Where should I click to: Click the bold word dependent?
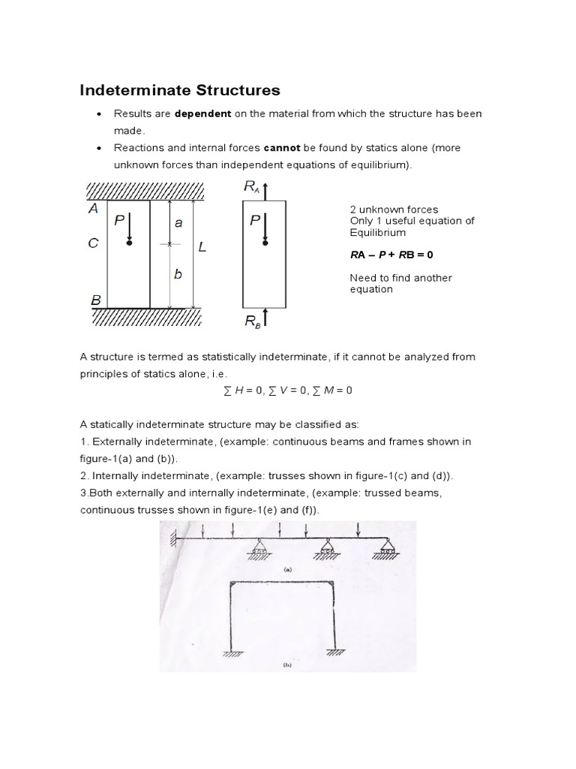(202, 114)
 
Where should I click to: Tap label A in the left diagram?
(94, 210)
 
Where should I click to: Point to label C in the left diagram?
(94, 243)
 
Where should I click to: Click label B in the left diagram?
(96, 300)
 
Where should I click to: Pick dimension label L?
(202, 247)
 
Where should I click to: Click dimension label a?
(178, 223)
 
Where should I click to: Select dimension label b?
(178, 275)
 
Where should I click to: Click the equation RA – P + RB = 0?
(391, 255)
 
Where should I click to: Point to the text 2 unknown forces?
(394, 210)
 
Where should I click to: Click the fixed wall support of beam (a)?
(174, 538)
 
